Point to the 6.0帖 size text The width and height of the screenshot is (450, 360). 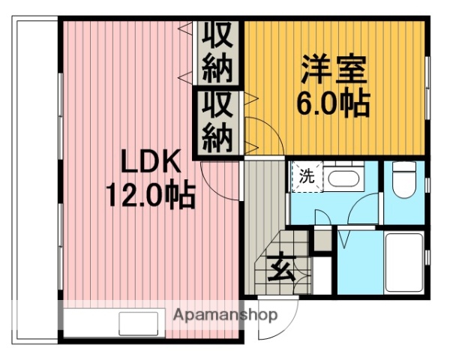[334, 103]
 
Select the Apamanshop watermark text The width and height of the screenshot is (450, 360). [226, 315]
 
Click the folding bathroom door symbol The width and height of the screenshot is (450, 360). [346, 237]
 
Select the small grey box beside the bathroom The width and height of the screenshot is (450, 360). [322, 240]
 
